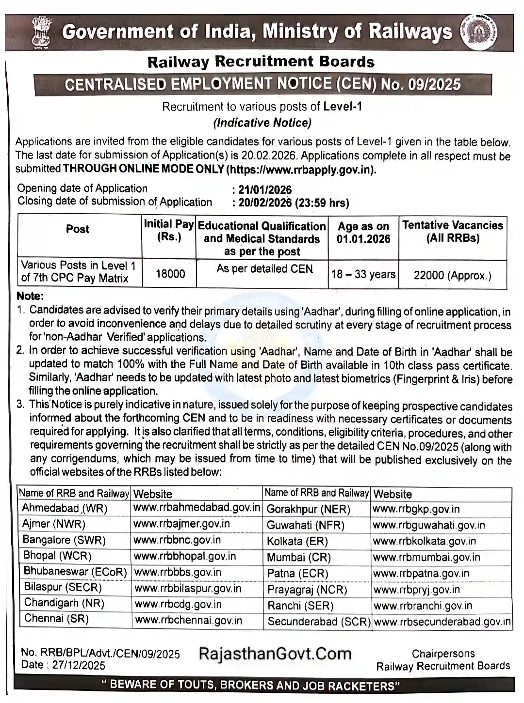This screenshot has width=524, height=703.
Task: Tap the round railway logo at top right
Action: (x=478, y=33)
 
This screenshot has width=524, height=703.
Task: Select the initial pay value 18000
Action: (x=170, y=274)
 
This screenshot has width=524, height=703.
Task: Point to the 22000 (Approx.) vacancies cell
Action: (x=452, y=275)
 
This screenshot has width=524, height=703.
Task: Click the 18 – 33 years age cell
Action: (x=363, y=274)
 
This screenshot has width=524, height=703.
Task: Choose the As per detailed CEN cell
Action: (x=264, y=269)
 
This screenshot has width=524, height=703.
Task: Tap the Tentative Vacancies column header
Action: (x=452, y=232)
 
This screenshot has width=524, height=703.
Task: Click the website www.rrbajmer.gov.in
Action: (x=181, y=524)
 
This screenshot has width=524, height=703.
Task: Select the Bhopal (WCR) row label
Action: (x=57, y=556)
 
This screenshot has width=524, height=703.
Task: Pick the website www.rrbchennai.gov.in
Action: (x=188, y=620)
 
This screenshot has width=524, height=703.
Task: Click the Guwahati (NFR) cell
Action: (x=305, y=525)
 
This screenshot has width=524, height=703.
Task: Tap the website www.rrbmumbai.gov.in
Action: (x=426, y=557)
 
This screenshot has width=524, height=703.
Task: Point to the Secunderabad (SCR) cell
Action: (x=319, y=622)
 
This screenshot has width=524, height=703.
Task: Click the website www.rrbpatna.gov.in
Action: (x=421, y=574)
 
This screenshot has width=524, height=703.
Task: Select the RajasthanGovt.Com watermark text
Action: (x=275, y=654)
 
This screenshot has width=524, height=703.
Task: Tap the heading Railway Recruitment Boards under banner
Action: (x=261, y=62)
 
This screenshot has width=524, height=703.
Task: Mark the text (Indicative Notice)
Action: (x=262, y=123)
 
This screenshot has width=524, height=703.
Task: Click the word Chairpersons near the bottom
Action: (x=443, y=654)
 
